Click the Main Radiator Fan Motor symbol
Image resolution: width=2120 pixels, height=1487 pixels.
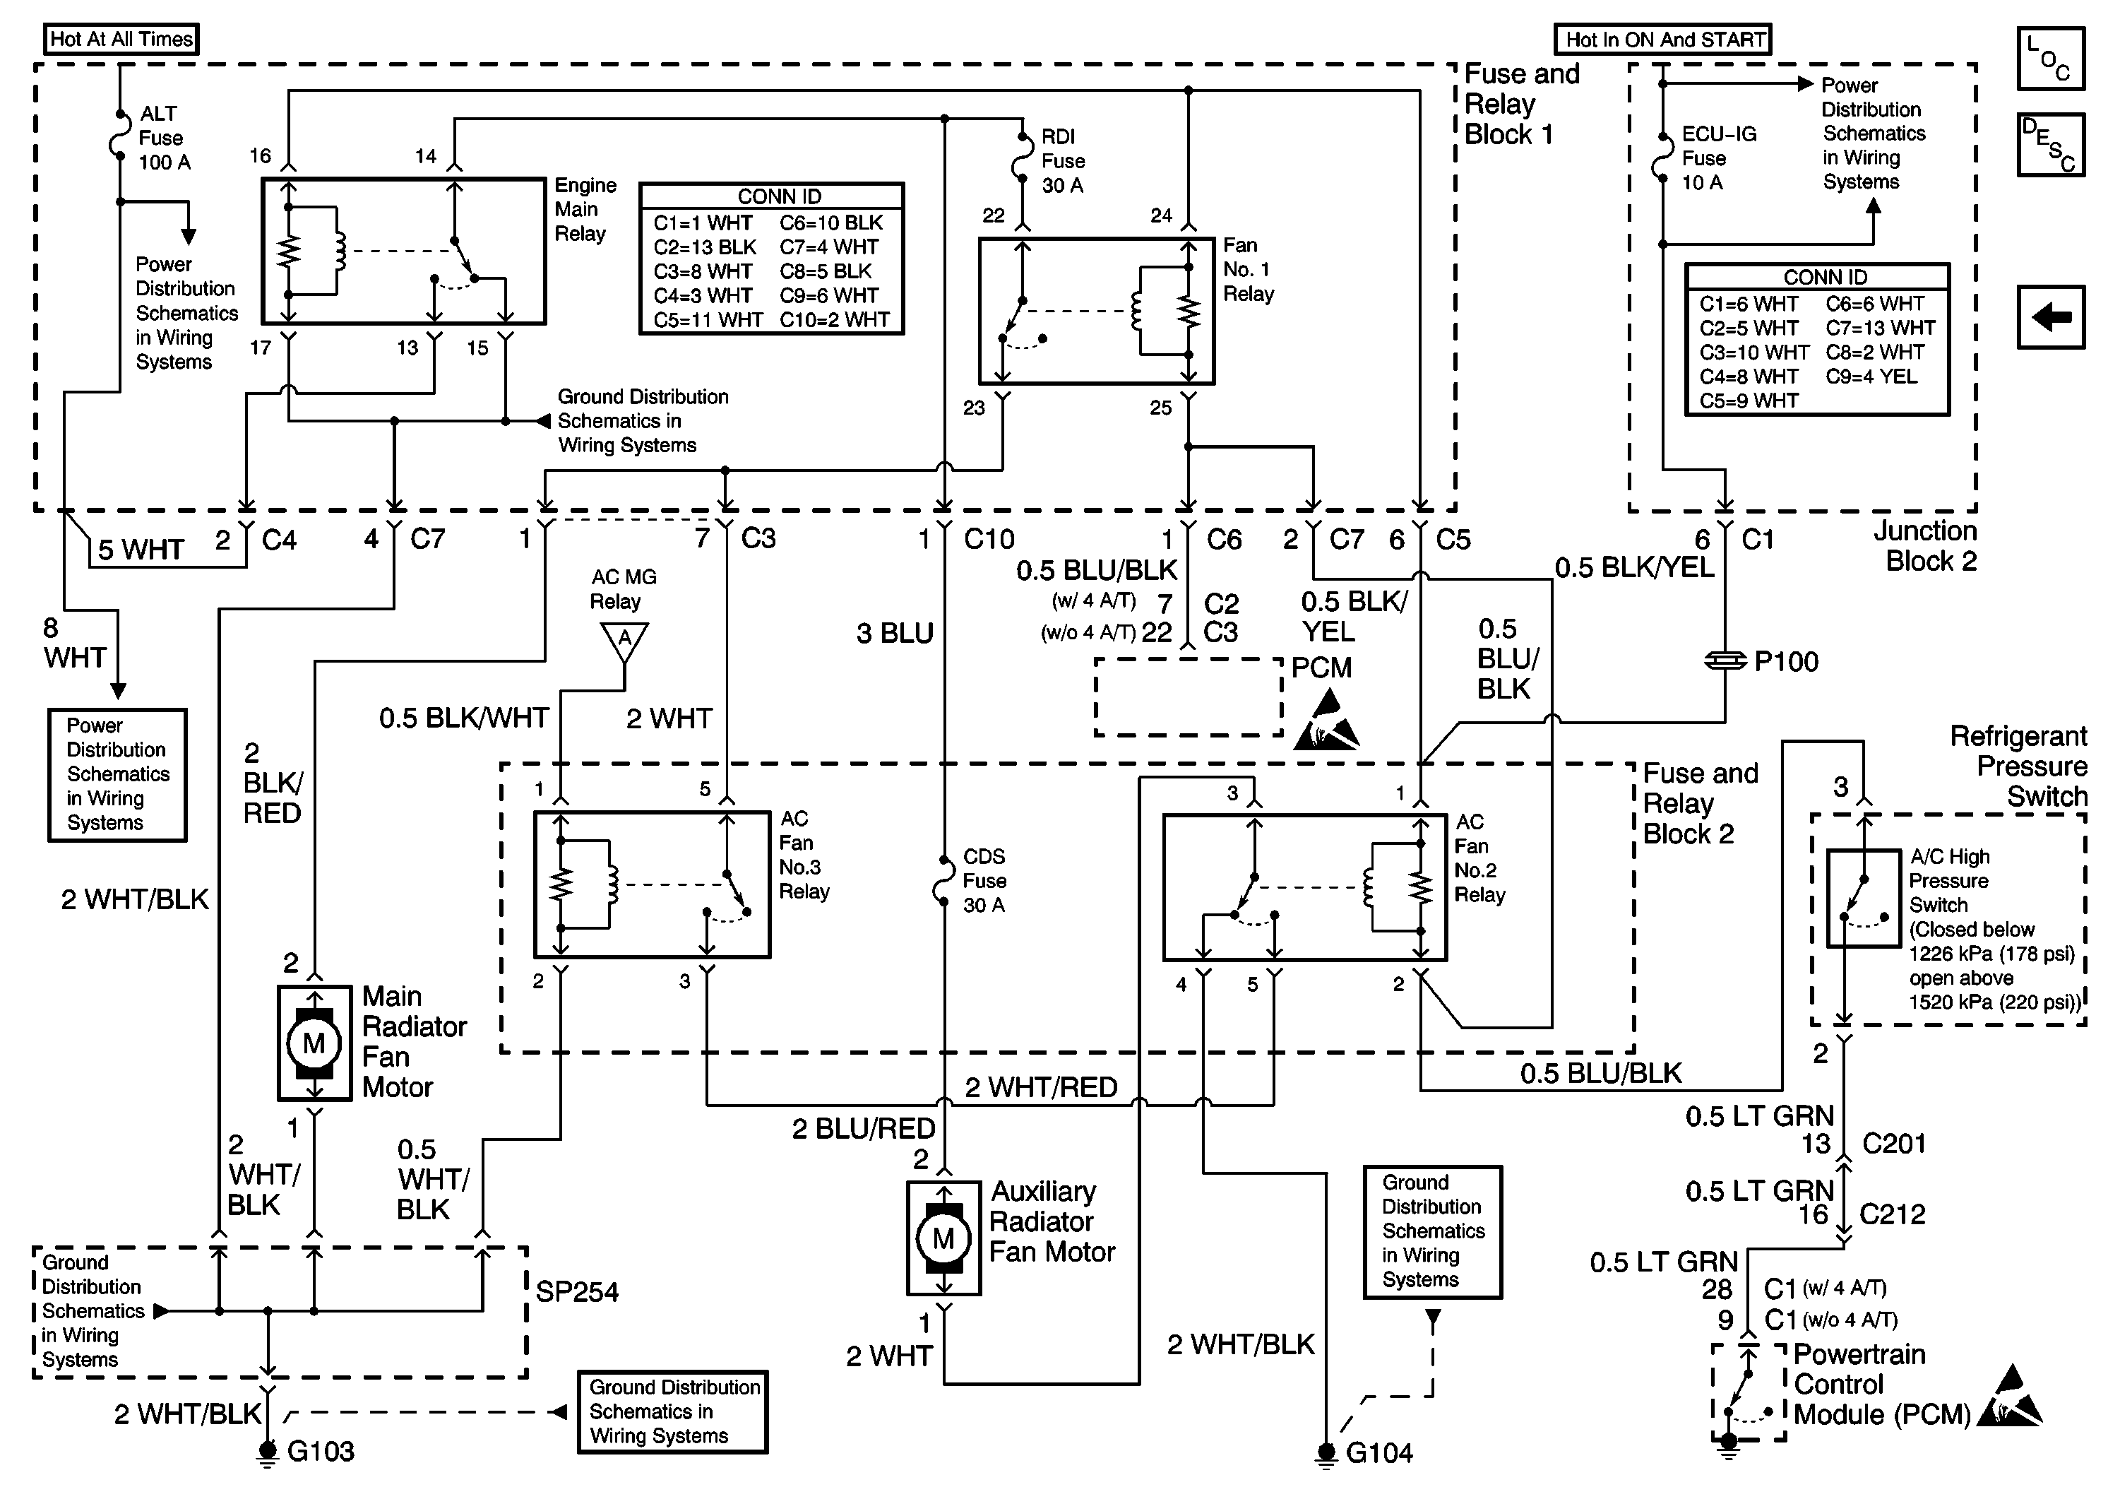314,1043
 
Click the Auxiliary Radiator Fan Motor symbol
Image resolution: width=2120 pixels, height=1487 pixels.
943,1238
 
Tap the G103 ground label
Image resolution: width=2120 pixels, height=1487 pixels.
319,1451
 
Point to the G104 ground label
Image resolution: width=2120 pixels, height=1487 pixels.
1378,1453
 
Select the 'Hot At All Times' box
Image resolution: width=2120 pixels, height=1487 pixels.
121,39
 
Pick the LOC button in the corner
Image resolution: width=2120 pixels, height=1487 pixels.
2050,58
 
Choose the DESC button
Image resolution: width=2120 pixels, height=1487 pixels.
2050,144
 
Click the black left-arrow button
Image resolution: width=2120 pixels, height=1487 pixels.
2050,316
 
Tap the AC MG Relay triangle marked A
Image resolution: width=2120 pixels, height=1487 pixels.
624,639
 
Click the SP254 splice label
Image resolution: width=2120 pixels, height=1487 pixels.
576,1291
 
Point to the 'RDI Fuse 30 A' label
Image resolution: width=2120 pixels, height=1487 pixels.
1063,160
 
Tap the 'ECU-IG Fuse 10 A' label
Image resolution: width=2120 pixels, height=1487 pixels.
1717,158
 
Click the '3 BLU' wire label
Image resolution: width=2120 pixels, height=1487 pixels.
895,634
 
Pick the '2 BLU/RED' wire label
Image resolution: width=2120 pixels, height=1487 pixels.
864,1127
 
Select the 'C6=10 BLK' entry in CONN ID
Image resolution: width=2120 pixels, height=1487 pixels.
831,223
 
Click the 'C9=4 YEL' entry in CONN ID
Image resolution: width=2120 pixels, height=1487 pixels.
1871,376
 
